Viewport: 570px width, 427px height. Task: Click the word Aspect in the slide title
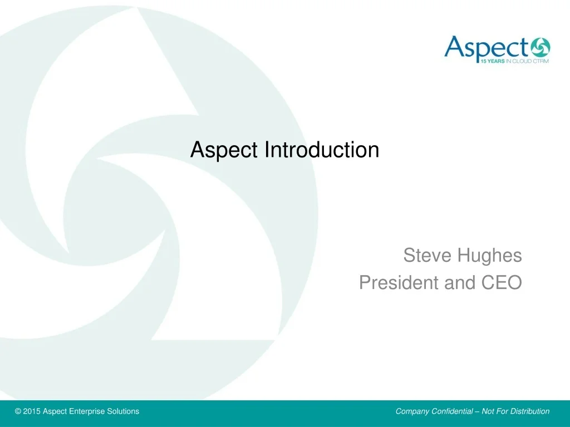coord(224,150)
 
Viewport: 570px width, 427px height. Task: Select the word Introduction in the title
coord(322,149)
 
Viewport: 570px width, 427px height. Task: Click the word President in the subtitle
coord(399,282)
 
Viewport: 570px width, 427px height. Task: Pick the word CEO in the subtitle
coord(502,282)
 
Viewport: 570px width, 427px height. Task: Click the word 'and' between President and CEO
coord(460,282)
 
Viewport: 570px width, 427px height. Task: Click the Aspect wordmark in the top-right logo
coord(487,48)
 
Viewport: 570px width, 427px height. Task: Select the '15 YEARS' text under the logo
coord(493,61)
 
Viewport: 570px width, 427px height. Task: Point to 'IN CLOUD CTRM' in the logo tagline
coord(527,61)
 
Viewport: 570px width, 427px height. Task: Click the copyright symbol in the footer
coord(18,411)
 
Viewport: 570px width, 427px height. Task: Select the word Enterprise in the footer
coord(86,412)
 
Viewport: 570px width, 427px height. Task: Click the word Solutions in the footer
coord(123,411)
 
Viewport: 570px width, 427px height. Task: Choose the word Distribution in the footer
coord(532,411)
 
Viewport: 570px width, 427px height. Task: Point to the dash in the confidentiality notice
coord(477,412)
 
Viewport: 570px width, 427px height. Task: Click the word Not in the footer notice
coord(488,411)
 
